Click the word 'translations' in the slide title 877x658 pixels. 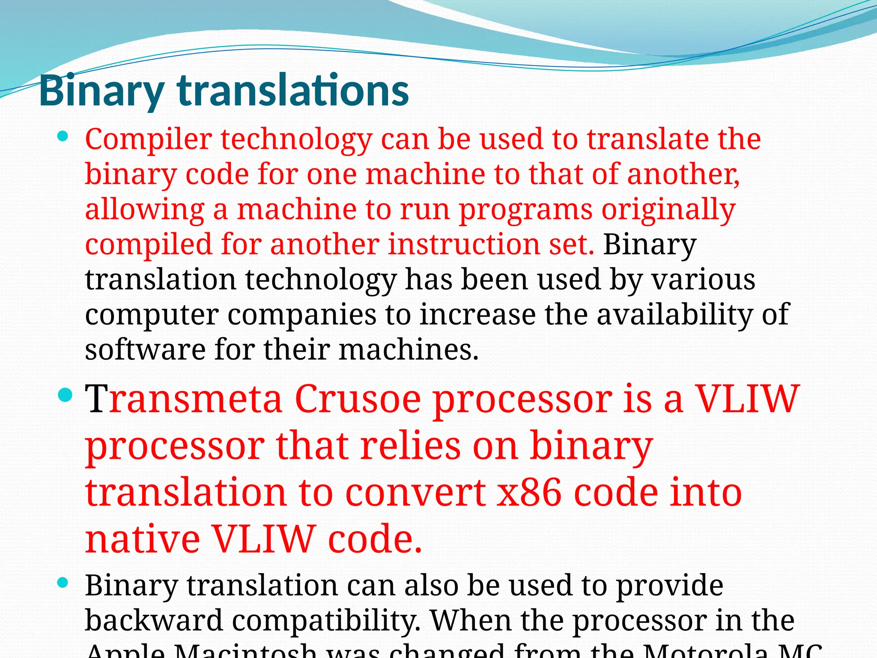pyautogui.click(x=293, y=90)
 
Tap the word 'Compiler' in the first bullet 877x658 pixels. pyautogui.click(x=148, y=140)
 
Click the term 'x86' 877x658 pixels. pyautogui.click(x=528, y=493)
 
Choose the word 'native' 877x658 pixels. pyautogui.click(x=143, y=539)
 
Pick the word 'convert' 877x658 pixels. pyautogui.click(x=415, y=493)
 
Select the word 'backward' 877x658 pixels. pyautogui.click(x=154, y=620)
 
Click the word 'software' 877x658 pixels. pyautogui.click(x=145, y=349)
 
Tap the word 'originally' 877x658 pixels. pyautogui.click(x=668, y=210)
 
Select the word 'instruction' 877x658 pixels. pyautogui.click(x=465, y=245)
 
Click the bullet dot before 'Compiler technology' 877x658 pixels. pyautogui.click(x=63, y=137)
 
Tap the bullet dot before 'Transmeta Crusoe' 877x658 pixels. pyautogui.click(x=65, y=395)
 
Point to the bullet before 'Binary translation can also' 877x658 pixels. pyautogui.click(x=63, y=583)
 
